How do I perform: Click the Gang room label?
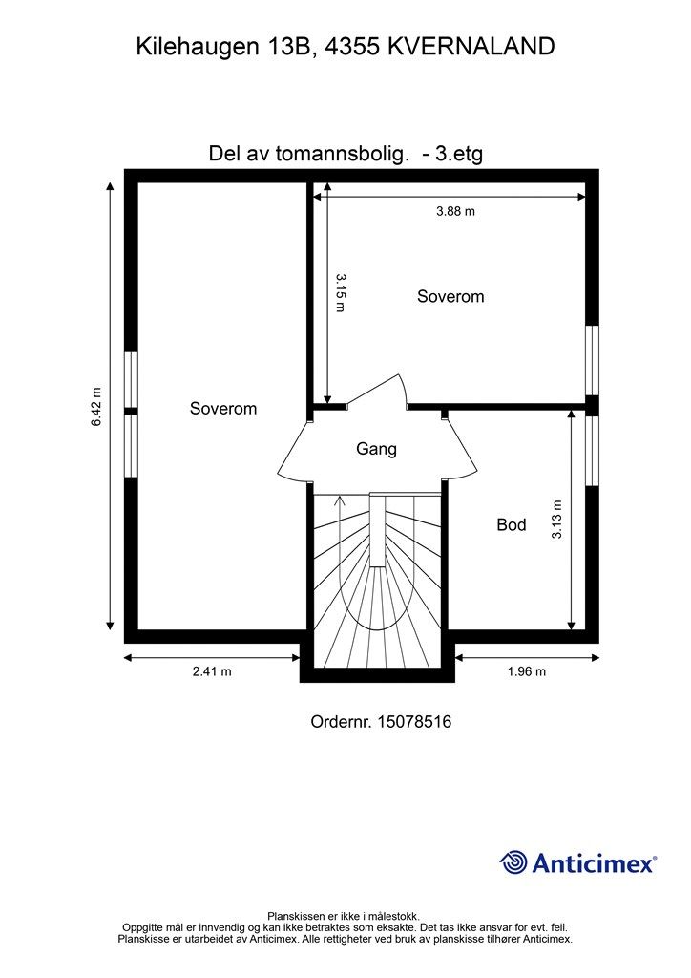pos(376,449)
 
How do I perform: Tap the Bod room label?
pos(511,524)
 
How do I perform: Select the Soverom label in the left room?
pos(223,408)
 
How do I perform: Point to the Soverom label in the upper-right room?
pos(450,296)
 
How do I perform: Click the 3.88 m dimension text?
pos(455,211)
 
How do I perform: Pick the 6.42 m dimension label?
pos(96,407)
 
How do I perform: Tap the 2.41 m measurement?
pos(212,671)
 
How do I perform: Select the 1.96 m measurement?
pos(527,671)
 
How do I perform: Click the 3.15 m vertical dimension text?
pos(340,292)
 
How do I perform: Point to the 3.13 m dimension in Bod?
pos(556,520)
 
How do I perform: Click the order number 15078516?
pos(414,722)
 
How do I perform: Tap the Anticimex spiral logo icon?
pos(513,862)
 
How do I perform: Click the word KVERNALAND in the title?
pos(471,46)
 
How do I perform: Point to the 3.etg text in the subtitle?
pos(458,154)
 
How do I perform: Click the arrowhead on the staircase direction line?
pos(340,499)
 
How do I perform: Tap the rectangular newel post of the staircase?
pos(378,530)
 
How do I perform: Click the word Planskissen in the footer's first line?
pos(294,916)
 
